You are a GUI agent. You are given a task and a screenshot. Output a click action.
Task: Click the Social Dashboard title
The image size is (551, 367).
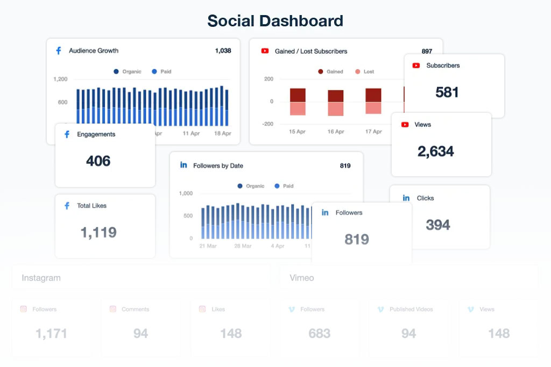click(275, 21)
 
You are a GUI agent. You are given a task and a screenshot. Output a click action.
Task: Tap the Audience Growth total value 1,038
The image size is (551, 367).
click(223, 51)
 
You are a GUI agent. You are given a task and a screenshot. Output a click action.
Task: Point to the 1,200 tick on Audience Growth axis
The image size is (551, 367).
click(60, 79)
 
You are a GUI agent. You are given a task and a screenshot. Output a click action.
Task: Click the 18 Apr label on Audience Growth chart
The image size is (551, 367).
click(222, 133)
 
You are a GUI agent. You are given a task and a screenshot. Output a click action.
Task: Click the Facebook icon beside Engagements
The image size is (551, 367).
click(67, 134)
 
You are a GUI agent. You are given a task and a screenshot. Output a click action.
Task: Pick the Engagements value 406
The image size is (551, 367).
click(98, 161)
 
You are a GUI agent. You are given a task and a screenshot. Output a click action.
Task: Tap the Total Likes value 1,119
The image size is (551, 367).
click(98, 232)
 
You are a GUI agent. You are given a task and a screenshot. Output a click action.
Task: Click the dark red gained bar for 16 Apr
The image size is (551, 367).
click(335, 96)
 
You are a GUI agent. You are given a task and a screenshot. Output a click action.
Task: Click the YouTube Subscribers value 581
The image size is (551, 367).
click(447, 92)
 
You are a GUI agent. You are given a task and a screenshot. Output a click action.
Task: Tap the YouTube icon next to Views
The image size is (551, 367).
click(405, 125)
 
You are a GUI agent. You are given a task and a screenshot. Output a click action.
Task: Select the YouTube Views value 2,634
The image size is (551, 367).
click(435, 152)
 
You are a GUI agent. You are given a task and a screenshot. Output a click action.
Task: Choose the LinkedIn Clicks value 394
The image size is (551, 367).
click(437, 225)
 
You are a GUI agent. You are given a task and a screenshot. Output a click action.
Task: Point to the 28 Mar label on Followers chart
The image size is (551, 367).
click(243, 246)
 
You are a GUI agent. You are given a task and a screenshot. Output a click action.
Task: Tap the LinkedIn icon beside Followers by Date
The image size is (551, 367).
click(183, 165)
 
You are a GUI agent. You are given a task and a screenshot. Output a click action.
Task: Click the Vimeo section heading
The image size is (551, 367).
click(301, 278)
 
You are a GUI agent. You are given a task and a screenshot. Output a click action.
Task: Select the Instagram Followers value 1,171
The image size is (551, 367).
click(51, 334)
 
